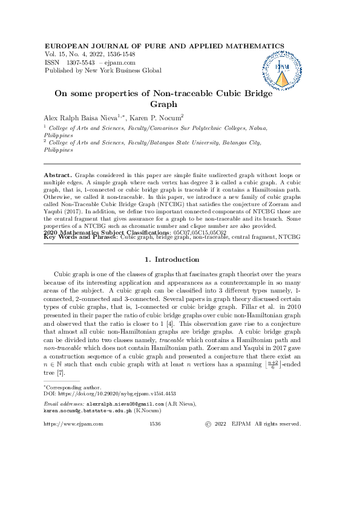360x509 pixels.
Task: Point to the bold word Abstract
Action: [x=58, y=175]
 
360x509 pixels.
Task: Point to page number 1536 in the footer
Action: [x=154, y=424]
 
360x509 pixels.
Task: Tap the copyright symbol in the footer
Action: [x=208, y=424]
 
